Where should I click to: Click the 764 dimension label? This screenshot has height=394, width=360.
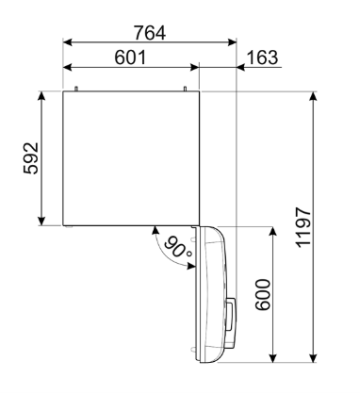click(x=150, y=33)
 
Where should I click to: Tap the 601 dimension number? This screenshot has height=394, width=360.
click(x=130, y=57)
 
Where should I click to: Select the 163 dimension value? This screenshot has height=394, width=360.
click(x=263, y=57)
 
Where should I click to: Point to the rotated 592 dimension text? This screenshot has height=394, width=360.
click(x=31, y=158)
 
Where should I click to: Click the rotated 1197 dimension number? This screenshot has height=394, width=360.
click(x=304, y=227)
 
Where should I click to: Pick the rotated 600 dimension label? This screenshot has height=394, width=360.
click(x=263, y=295)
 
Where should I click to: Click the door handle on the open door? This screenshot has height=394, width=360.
click(x=231, y=315)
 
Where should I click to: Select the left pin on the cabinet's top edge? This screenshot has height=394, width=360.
click(x=75, y=89)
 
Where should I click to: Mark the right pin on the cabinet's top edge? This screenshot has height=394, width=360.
click(x=185, y=89)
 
